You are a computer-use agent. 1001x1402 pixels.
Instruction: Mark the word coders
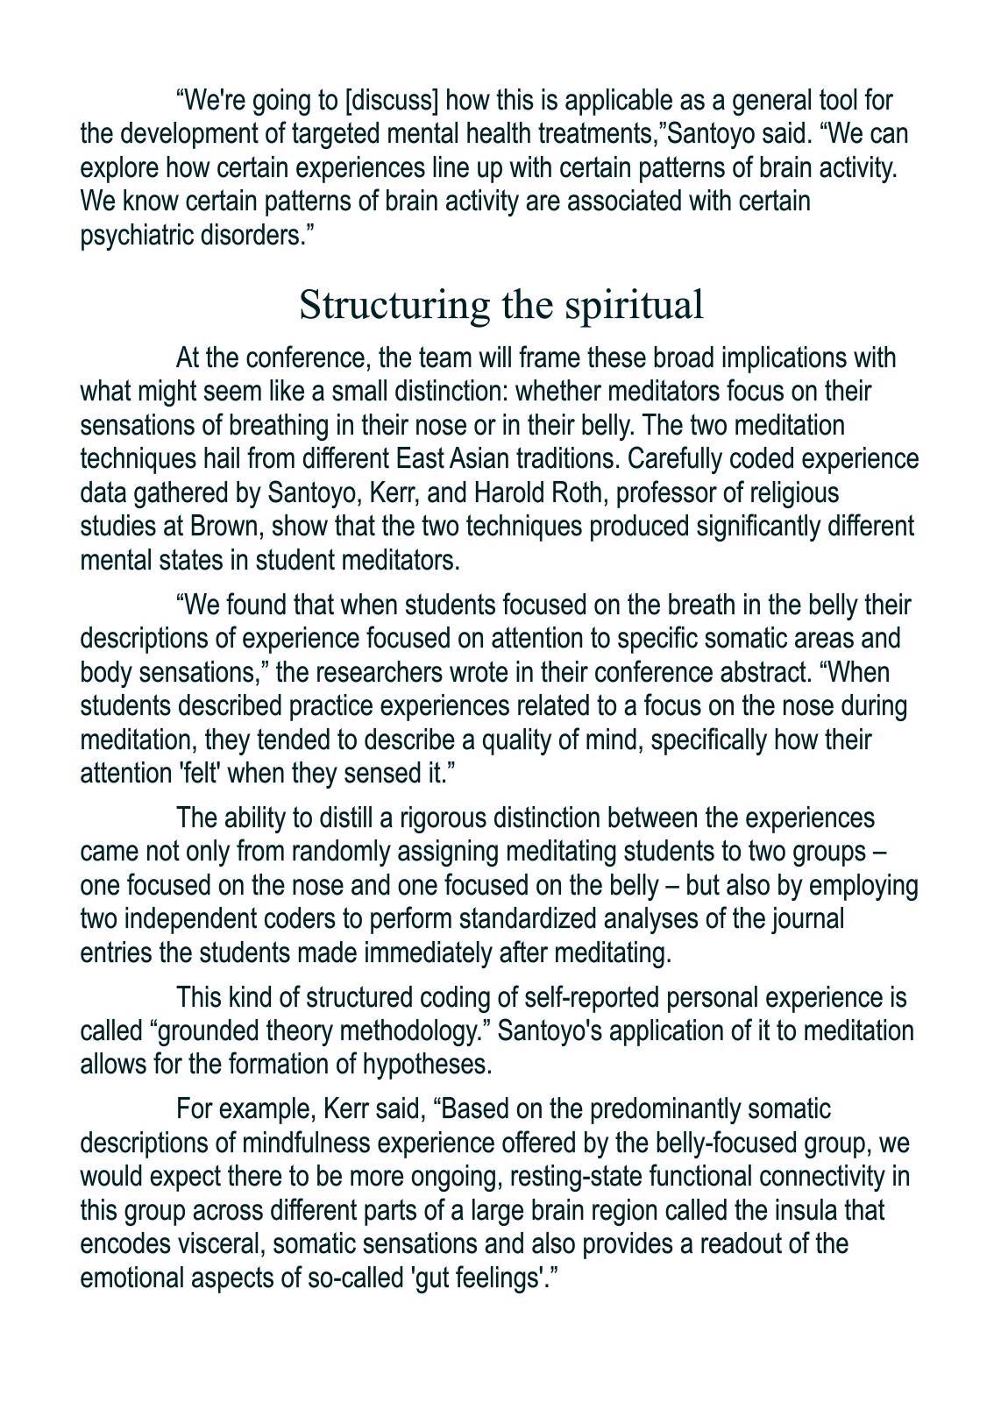click(x=308, y=919)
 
